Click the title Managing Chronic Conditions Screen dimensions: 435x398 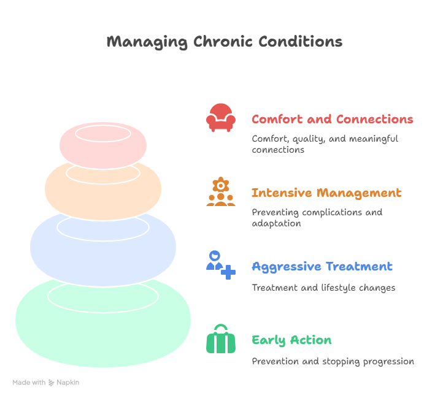pos(225,42)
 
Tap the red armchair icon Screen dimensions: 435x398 pos(221,118)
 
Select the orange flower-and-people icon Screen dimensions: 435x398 pos(221,191)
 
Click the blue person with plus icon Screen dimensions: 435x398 pos(221,265)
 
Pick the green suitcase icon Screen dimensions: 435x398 pos(221,339)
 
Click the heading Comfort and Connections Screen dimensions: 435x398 pos(333,119)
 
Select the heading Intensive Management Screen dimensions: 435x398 pos(326,193)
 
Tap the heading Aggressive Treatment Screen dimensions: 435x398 pos(322,267)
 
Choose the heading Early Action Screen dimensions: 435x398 pos(291,340)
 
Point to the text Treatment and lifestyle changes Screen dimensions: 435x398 pos(323,288)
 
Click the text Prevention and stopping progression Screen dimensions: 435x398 pos(333,362)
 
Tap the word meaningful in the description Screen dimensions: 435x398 pos(374,139)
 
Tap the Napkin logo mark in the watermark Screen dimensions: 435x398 pos(52,383)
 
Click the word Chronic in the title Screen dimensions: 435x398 pos(223,42)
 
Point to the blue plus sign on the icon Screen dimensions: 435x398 pos(228,272)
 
